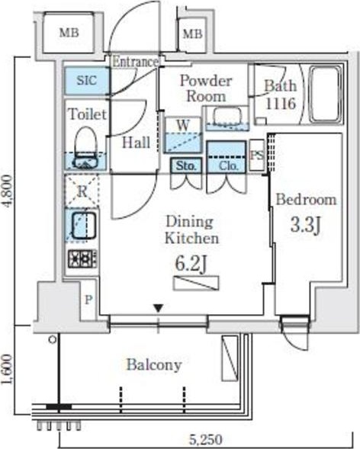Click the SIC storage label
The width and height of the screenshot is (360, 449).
coord(86,81)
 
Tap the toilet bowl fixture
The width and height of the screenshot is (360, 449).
coord(85,147)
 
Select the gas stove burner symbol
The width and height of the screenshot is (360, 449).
coord(82,258)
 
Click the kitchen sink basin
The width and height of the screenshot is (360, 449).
coord(83,226)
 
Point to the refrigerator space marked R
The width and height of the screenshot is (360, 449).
coord(82,191)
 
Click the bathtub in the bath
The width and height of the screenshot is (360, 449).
coord(326,95)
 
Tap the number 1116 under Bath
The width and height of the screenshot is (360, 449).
coord(281,103)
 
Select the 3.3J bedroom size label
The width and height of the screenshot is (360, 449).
coord(305,225)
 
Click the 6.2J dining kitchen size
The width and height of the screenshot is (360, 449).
coord(191,264)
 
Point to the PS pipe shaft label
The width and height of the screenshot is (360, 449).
coord(256,156)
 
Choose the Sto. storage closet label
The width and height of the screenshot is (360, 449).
coord(186,165)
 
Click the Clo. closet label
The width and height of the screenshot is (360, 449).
coord(228,165)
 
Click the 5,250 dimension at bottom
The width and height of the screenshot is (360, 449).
coord(206,439)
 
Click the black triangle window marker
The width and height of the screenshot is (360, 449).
coord(158,309)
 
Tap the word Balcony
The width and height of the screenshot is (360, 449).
coord(154,365)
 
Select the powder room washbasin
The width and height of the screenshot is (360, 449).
coord(227,117)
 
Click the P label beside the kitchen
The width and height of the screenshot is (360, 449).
coord(88,300)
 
